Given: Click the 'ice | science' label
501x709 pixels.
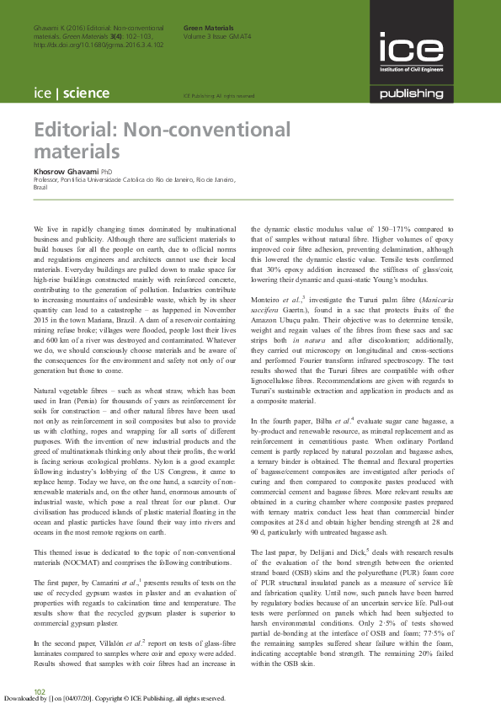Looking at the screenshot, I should click(x=67, y=93).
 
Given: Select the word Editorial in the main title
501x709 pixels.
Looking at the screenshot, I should click(x=75, y=131).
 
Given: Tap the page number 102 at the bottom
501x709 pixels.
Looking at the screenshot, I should click(x=40, y=690).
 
